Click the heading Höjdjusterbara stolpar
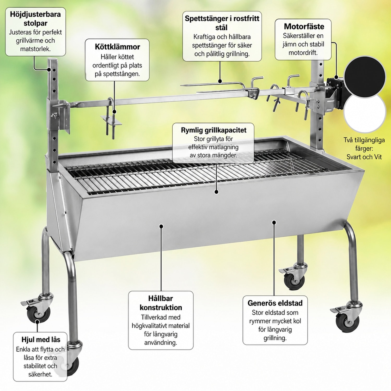coord(35,19)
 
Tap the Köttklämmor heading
coord(117,47)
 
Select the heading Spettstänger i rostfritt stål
coord(222,23)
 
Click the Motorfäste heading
coord(304,26)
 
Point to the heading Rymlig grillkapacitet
coord(213,130)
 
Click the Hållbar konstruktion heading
coord(161,303)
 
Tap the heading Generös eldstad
coord(275,303)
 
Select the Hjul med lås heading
coord(41,340)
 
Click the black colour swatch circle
coord(364,76)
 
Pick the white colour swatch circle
coord(364,113)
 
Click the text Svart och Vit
coord(364,157)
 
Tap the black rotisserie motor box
coord(335,93)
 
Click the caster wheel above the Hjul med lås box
coord(38,313)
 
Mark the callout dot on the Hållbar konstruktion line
coord(161,226)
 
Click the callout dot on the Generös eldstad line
coord(274,222)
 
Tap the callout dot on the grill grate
coord(216,192)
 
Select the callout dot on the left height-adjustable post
coord(49,69)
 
